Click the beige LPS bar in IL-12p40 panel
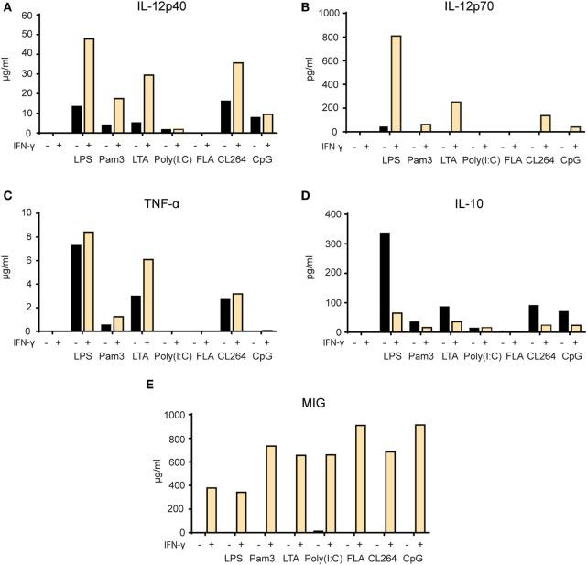(x=89, y=85)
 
